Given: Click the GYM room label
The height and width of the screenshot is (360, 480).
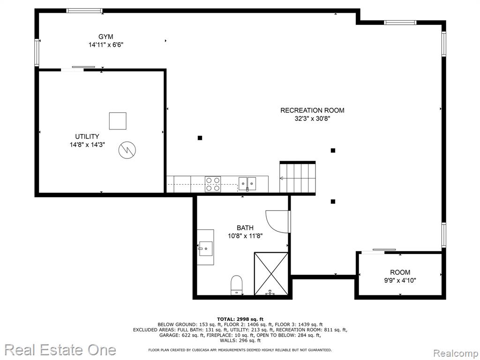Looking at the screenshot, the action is coord(105,37).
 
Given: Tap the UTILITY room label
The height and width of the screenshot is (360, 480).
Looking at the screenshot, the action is coord(87,136).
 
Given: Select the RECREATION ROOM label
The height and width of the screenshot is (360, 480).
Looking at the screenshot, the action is coord(312,110).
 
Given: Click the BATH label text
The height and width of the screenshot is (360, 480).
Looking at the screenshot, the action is coord(245,228).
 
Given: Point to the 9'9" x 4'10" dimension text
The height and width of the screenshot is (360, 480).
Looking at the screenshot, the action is coord(400,280).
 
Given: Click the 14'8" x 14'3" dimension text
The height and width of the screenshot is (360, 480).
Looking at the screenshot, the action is coord(87,144).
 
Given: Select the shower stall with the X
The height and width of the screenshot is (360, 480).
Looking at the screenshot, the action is coord(271,274).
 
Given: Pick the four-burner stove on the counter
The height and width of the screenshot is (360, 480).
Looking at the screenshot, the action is coord(213,184).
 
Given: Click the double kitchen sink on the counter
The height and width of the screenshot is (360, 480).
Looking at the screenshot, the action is coord(247,184).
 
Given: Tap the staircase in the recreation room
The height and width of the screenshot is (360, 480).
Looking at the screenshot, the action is coord(297,178).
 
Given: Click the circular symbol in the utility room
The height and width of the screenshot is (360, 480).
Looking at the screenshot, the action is coord(127,150).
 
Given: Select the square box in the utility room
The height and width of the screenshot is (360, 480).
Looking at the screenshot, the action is coord(118,121).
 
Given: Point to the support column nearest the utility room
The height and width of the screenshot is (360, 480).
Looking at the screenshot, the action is coord(200,138).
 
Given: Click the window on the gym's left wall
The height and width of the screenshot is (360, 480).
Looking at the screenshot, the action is coord(37,52).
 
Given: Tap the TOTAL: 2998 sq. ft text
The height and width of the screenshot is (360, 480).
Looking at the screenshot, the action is coord(240,319).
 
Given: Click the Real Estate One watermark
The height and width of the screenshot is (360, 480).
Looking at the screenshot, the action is coord(60,350).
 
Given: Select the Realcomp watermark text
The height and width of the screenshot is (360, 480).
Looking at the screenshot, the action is coord(455,353).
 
